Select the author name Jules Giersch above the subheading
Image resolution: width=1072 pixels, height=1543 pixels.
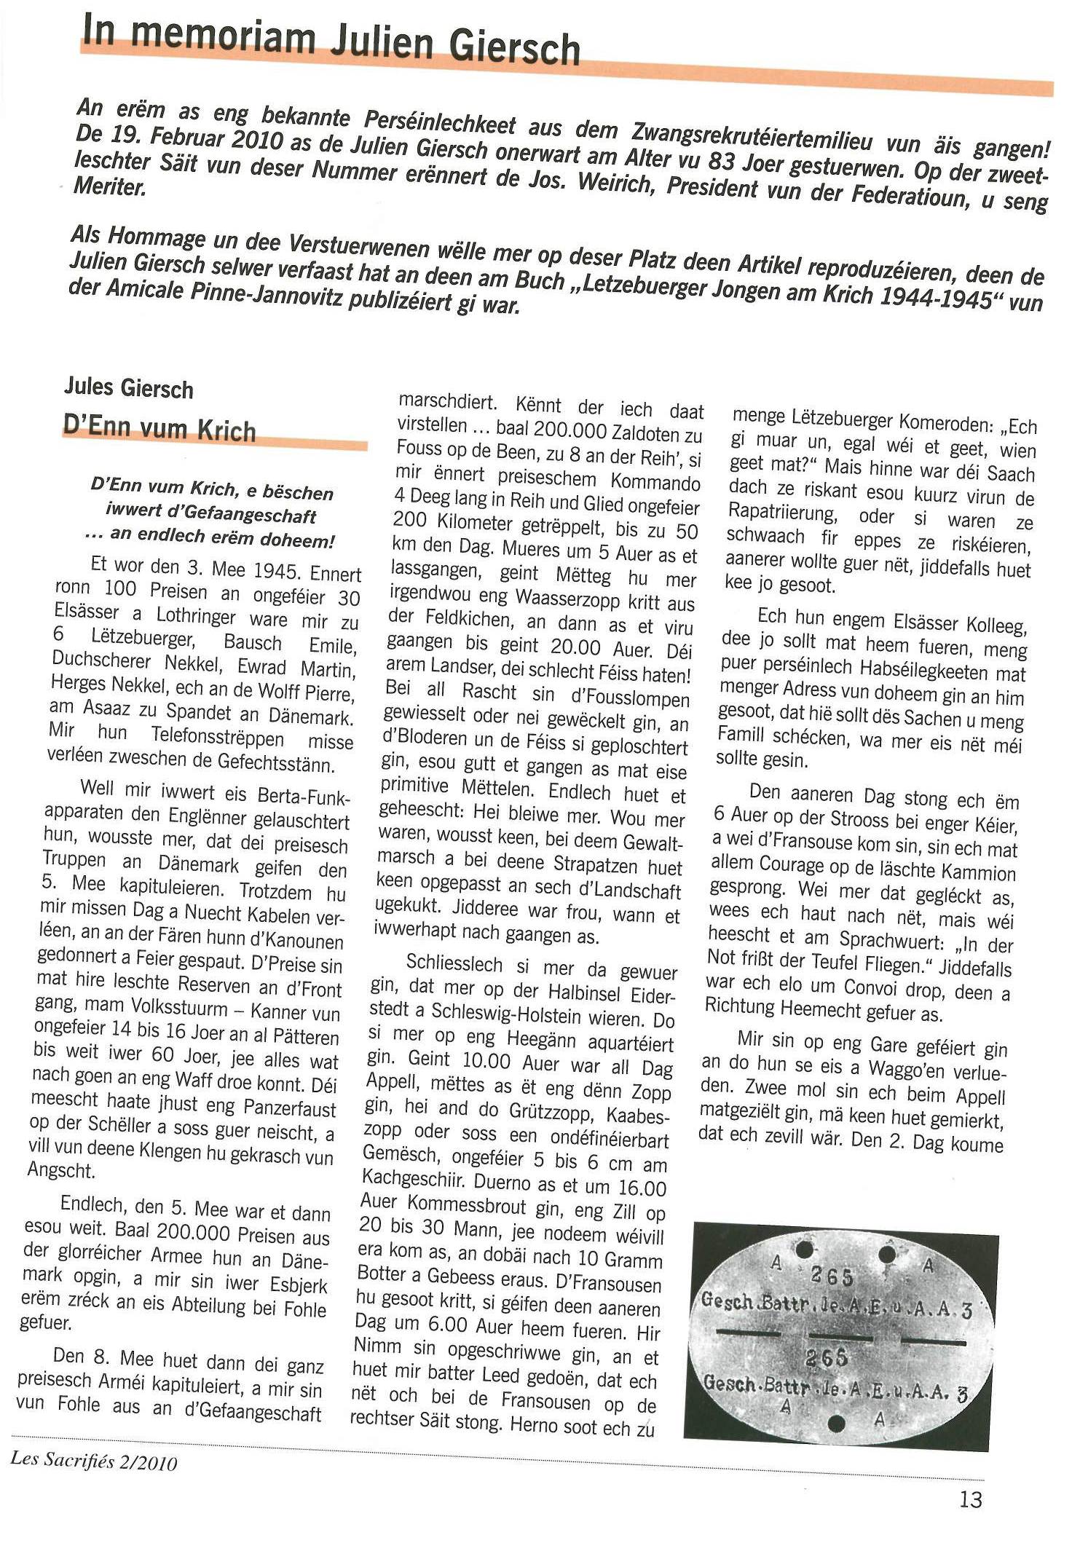[x=129, y=387]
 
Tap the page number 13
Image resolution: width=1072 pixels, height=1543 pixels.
[x=970, y=1499]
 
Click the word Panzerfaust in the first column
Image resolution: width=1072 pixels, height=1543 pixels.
[x=288, y=1109]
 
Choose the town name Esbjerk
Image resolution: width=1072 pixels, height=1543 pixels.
[x=299, y=1285]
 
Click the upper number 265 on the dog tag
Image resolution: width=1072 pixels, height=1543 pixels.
[x=830, y=1276]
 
